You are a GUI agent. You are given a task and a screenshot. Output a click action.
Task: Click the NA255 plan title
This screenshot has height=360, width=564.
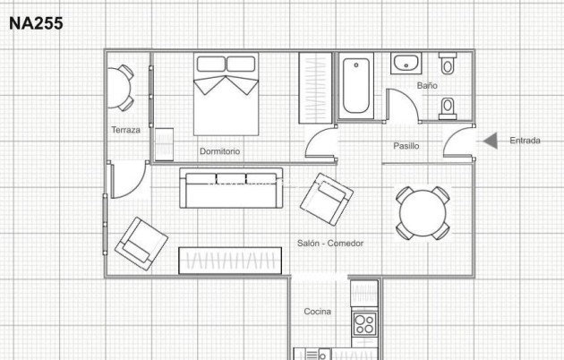[x=36, y=23]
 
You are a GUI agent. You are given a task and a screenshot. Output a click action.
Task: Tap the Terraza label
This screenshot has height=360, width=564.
[x=125, y=130]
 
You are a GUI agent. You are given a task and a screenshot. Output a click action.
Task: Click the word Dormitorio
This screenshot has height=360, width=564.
[x=219, y=151]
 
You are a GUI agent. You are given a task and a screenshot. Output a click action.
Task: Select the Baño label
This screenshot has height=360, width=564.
[x=427, y=85]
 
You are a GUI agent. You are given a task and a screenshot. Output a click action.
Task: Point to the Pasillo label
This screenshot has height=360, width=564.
[x=406, y=146]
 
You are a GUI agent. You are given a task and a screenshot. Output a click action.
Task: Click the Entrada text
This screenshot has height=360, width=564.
[x=525, y=141]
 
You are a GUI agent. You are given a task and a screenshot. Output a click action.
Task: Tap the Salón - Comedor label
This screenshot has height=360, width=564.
[x=330, y=243]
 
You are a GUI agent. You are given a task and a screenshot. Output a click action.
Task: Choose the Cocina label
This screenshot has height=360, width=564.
[x=317, y=312]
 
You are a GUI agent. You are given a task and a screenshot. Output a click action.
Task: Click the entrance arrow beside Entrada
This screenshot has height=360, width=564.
[x=490, y=141]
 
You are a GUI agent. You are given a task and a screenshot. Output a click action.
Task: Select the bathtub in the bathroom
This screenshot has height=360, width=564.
[x=356, y=86]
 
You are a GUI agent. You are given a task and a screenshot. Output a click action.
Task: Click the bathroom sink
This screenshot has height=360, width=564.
[x=406, y=64]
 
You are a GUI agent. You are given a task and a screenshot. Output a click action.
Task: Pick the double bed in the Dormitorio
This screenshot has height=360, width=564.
[x=226, y=94]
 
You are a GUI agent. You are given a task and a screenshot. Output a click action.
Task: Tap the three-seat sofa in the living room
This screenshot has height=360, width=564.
[x=231, y=188]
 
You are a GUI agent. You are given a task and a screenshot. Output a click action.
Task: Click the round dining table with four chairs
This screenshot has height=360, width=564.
[x=423, y=213]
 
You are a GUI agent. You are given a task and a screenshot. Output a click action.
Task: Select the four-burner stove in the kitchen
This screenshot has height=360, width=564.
[x=364, y=324]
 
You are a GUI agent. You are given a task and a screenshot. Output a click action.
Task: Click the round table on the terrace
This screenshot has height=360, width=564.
[x=117, y=88]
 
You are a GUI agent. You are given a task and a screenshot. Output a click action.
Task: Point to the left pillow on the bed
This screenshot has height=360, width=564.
[x=211, y=64]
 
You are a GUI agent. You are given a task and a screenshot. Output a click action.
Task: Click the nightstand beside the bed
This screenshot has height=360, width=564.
[x=164, y=144]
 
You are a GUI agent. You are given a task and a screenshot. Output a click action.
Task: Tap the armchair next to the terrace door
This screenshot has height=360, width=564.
[x=141, y=244]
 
